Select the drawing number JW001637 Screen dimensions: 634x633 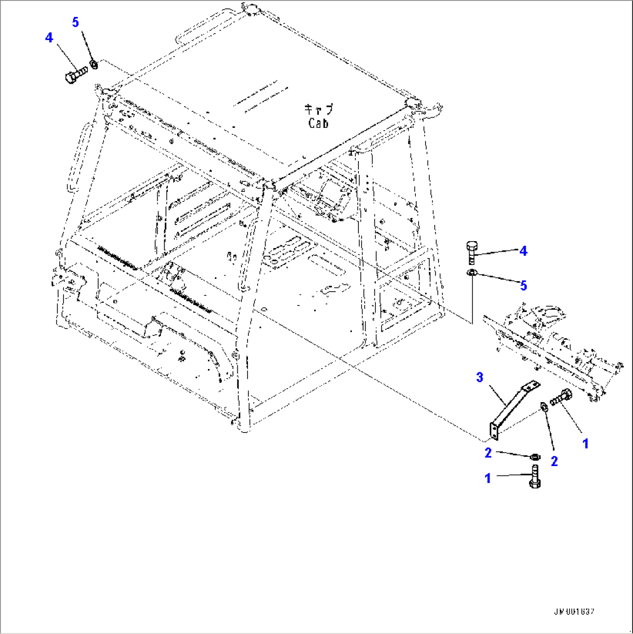pyautogui.click(x=576, y=612)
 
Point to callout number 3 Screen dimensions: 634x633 pyautogui.click(x=480, y=378)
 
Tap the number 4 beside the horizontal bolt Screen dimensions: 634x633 pyautogui.click(x=49, y=38)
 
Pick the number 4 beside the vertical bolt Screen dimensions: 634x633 pyautogui.click(x=523, y=250)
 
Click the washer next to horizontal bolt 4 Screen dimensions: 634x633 pyautogui.click(x=93, y=63)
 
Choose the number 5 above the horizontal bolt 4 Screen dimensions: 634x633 pyautogui.click(x=75, y=22)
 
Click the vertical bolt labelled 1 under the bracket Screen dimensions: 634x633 pyautogui.click(x=534, y=478)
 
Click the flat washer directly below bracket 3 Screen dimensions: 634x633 pyautogui.click(x=534, y=456)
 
